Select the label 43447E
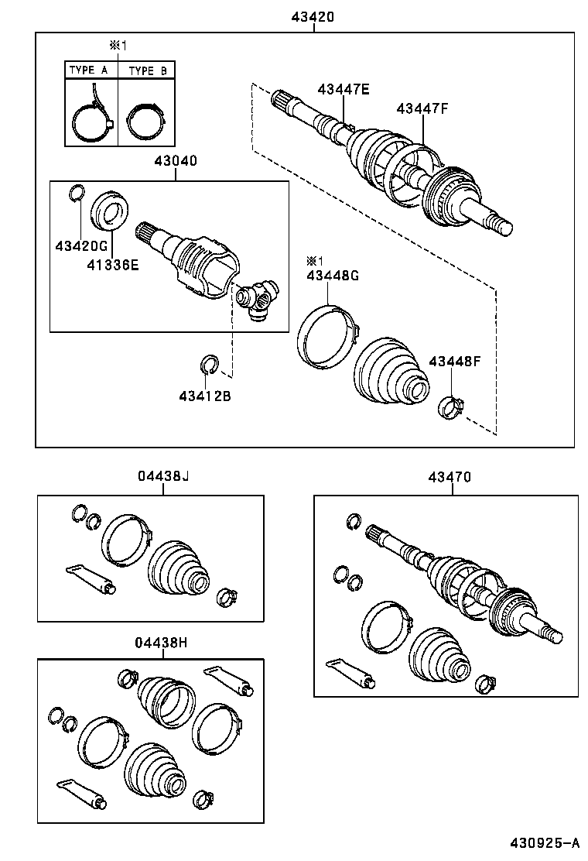343,89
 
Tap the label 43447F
422,108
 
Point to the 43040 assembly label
175,162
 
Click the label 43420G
80,245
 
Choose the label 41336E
112,265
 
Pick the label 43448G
333,276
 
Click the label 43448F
455,361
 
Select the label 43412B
205,396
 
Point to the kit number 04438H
161,641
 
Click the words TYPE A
89,70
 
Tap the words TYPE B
147,70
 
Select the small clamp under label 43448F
451,406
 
